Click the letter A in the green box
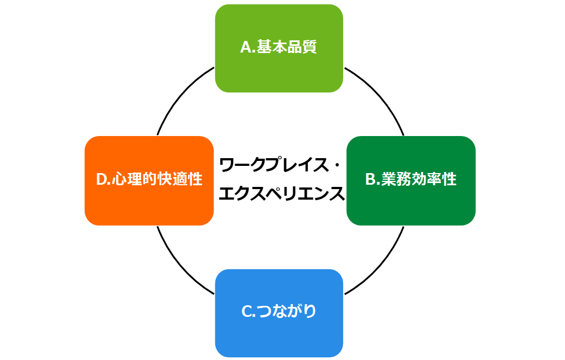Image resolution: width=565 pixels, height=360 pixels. click(x=246, y=48)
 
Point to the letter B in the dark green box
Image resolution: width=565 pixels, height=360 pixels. click(x=371, y=180)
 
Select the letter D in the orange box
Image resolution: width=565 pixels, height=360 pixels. click(x=102, y=180)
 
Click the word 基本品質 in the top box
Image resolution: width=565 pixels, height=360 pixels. click(x=287, y=48)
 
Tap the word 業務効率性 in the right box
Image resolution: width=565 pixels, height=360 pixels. click(x=419, y=180)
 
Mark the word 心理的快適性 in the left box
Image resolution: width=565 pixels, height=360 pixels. click(x=157, y=180)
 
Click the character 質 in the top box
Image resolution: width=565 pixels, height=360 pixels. click(x=309, y=48)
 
